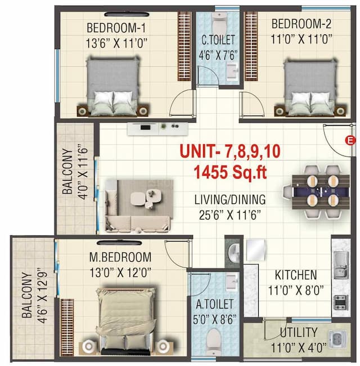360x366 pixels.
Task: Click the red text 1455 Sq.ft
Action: coord(231,171)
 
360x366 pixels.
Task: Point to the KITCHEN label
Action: coord(295,275)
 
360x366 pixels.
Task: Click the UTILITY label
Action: coord(298,332)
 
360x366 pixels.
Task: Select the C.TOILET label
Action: coord(218,39)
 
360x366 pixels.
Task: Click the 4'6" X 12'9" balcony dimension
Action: coord(41,297)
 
